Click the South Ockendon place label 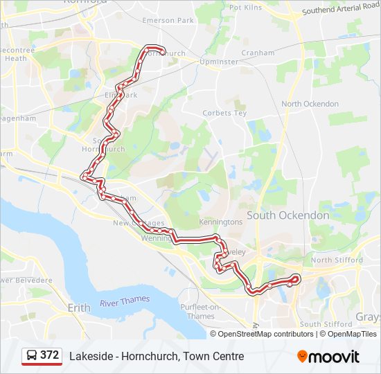[x=287, y=215]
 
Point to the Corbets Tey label [x=224, y=113]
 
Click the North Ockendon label [x=310, y=104]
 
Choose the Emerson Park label [x=168, y=21]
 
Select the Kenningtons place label [x=221, y=222]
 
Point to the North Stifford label [x=337, y=260]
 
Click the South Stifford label [x=320, y=324]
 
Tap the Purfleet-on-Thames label [x=200, y=312]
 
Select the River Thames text [x=124, y=302]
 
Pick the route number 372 [x=49, y=355]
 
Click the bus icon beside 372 [x=32, y=355]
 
